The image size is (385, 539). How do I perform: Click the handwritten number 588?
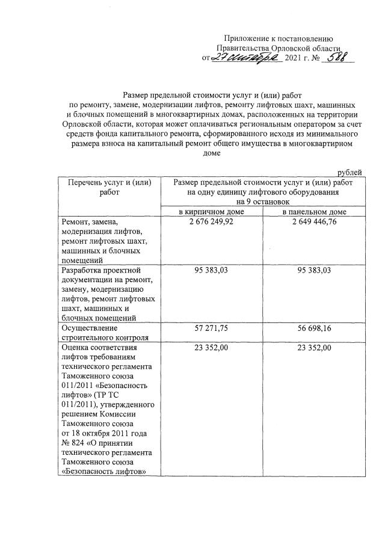[x=337, y=58]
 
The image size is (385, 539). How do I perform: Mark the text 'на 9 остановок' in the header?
[x=262, y=202]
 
